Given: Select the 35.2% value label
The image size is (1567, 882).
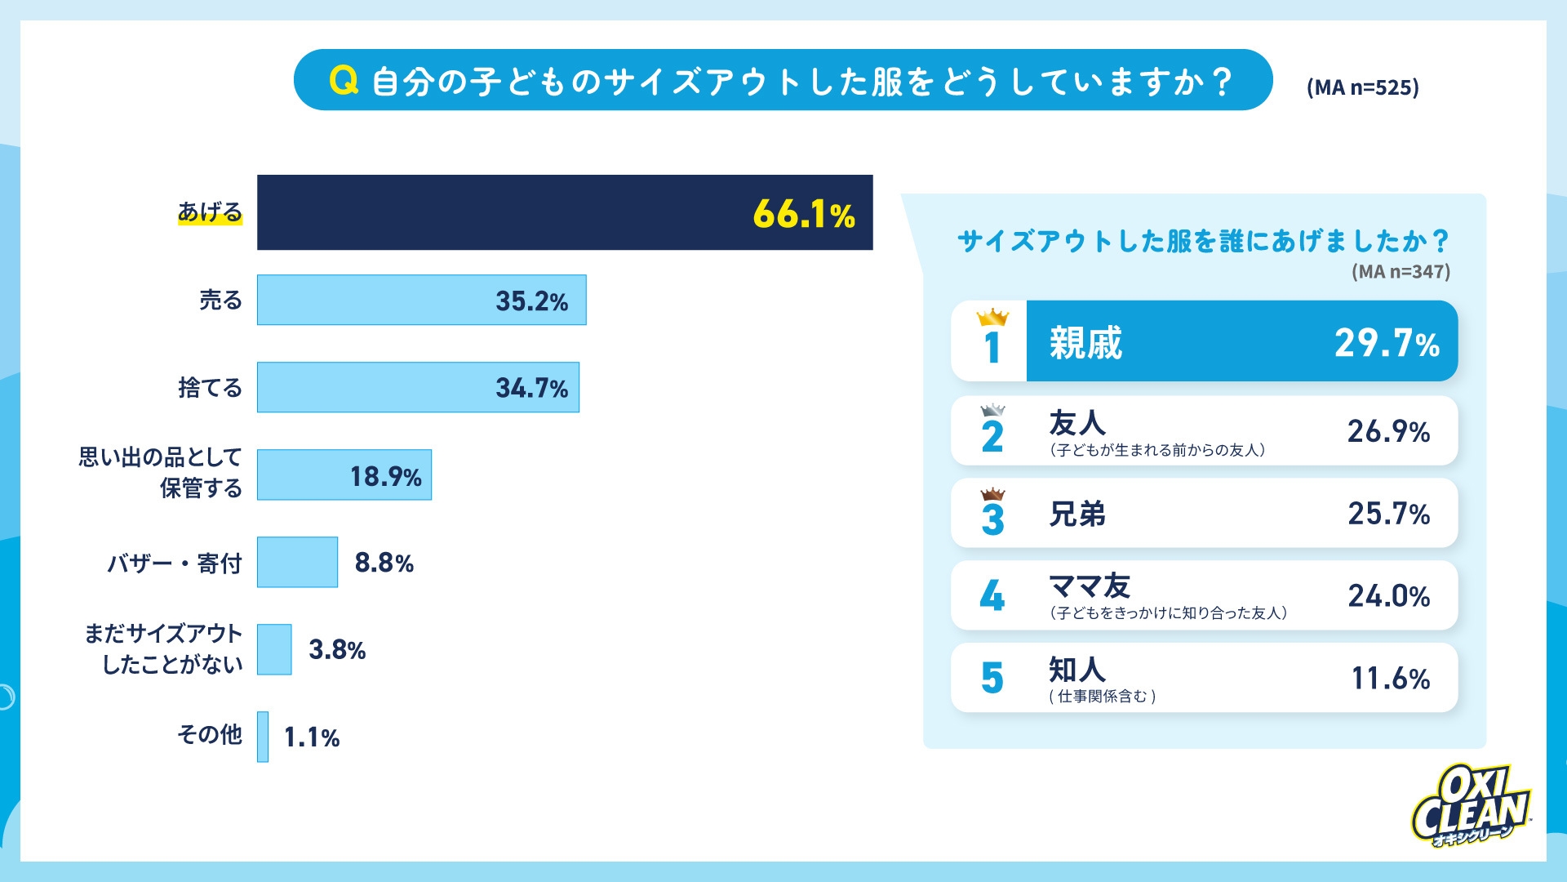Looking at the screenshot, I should pyautogui.click(x=531, y=301).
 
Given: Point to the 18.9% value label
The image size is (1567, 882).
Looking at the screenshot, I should pyautogui.click(x=385, y=476).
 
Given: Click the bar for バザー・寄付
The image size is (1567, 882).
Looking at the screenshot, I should pyautogui.click(x=297, y=562).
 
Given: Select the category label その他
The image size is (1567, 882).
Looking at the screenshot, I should pyautogui.click(x=210, y=735).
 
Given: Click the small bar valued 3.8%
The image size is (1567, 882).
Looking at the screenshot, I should pyautogui.click(x=274, y=649).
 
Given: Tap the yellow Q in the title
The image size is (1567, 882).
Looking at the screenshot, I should pyautogui.click(x=344, y=81).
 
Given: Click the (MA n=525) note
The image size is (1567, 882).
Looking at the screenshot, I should pyautogui.click(x=1362, y=87).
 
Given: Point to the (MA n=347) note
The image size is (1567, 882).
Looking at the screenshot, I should pyautogui.click(x=1401, y=272).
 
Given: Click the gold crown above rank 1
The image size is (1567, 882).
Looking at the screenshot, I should pyautogui.click(x=992, y=317).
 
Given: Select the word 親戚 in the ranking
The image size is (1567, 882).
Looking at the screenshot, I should pyautogui.click(x=1085, y=343).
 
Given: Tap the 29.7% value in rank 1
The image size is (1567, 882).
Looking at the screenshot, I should pyautogui.click(x=1386, y=343).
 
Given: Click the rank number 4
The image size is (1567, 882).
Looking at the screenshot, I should pyautogui.click(x=992, y=596).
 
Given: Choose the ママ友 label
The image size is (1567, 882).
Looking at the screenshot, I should pyautogui.click(x=1089, y=586).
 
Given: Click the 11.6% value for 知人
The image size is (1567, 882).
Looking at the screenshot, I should pyautogui.click(x=1390, y=679).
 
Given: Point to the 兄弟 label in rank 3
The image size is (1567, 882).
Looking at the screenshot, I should pyautogui.click(x=1077, y=514).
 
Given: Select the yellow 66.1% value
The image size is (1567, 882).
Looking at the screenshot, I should pyautogui.click(x=803, y=215).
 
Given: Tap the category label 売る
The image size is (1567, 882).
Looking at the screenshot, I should pyautogui.click(x=220, y=301).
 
